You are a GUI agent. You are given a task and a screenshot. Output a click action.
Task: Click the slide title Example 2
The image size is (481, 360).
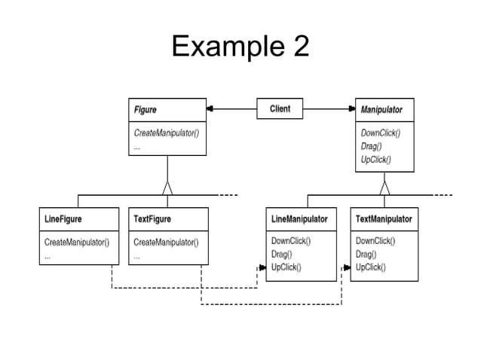[x=240, y=47]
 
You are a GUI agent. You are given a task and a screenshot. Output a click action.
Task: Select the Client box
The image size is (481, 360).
[x=280, y=109]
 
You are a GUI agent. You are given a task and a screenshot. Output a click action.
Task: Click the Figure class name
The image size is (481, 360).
[x=146, y=110]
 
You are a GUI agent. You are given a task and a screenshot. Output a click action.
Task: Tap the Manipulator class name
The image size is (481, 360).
[x=381, y=110]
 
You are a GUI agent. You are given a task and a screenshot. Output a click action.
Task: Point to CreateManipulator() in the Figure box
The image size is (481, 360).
[x=166, y=133]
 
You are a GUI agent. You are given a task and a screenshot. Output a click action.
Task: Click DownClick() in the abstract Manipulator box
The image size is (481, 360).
[x=381, y=133]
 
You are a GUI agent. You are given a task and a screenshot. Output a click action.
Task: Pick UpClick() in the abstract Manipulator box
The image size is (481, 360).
[x=376, y=159]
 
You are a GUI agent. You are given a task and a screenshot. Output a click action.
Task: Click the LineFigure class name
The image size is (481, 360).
[x=64, y=219]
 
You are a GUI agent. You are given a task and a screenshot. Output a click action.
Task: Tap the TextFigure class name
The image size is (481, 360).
[x=152, y=219]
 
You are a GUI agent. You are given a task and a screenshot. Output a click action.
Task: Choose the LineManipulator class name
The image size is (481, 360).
[x=299, y=219]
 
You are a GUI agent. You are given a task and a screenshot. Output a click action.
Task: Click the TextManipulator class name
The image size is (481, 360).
[x=384, y=219]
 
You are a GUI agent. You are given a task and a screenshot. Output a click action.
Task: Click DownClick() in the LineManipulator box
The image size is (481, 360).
[x=291, y=241]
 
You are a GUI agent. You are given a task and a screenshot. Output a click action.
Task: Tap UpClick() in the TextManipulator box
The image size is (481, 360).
[x=370, y=267]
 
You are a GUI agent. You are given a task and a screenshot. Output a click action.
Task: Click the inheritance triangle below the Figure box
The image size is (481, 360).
[x=167, y=188]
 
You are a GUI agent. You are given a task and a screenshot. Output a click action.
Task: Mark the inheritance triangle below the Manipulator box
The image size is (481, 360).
[x=384, y=188]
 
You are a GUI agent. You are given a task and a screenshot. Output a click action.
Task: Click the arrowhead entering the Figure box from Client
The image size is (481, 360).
[x=211, y=109]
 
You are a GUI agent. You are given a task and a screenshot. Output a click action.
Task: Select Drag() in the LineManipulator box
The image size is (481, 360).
[x=283, y=254]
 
